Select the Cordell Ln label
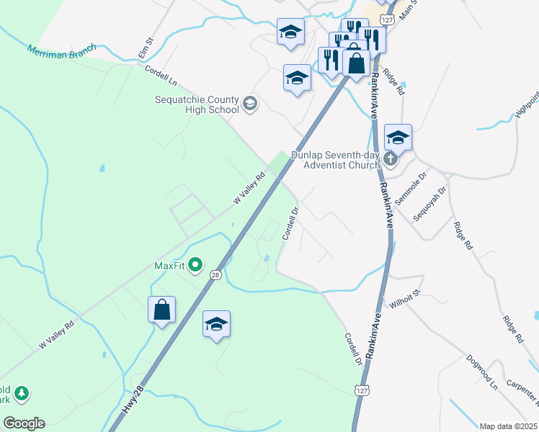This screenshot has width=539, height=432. coord(161,75)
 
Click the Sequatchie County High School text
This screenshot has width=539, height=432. coord(196,104)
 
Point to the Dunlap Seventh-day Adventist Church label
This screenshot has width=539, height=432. coord(335,160)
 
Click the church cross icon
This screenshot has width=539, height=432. coord(391,159)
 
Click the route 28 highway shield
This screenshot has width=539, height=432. coord(215,274)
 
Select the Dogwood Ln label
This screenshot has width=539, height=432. coord(482,372)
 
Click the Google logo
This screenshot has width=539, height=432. coord(24,423)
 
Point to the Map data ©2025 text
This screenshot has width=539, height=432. coord(508,426)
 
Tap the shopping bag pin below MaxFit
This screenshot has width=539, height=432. coord(162,310)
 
